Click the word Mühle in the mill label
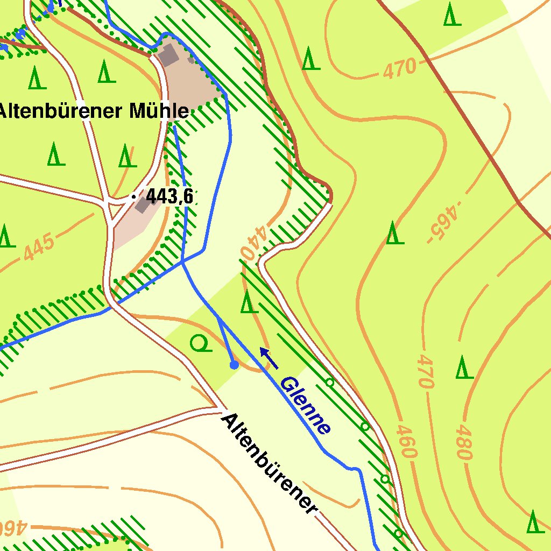[x=159, y=111]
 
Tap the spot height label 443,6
[x=169, y=197]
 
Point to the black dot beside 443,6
[x=133, y=197]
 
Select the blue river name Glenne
[x=305, y=405]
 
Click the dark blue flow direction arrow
[x=269, y=358]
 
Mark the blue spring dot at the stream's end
[x=234, y=365]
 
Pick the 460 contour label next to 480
[x=407, y=441]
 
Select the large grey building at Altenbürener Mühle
[x=168, y=55]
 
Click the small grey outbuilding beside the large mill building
[x=191, y=60]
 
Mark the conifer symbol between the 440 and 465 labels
[x=394, y=232]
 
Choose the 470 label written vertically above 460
[x=425, y=371]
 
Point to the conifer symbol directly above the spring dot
[x=246, y=302]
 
